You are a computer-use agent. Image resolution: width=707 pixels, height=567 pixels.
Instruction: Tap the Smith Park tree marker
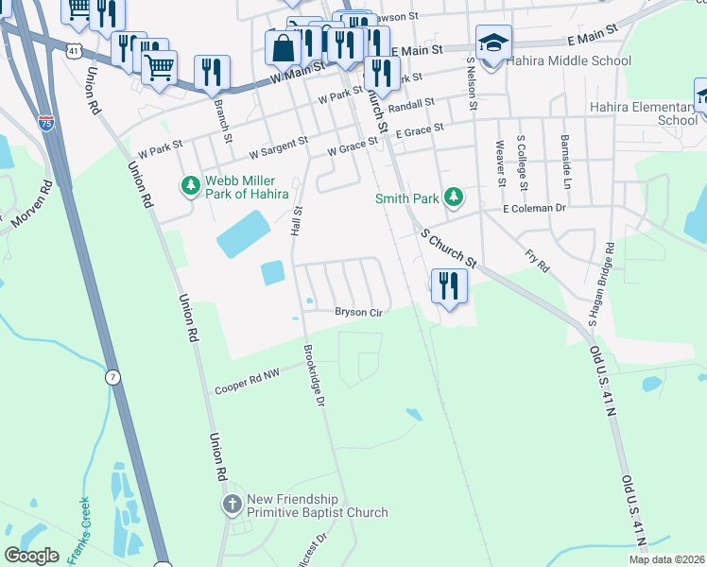pos(455,197)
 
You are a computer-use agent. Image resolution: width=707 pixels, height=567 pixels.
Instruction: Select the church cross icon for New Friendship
pos(233,505)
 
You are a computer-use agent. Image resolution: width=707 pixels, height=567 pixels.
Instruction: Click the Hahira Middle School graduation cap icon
pos(493,43)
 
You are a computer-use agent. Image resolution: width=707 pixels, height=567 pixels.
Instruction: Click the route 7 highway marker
pos(112,377)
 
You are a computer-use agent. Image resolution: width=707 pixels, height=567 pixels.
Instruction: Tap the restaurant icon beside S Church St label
pos(448,285)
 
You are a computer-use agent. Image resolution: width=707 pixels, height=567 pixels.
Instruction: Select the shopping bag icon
pos(284,46)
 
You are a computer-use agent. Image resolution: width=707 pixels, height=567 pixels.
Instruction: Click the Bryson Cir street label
pos(358,312)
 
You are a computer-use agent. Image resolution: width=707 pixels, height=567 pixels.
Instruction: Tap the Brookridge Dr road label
pos(314,375)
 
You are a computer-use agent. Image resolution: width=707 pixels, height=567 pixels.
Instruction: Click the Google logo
pos(31,556)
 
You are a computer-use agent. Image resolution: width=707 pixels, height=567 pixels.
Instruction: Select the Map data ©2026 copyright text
pos(665,559)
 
